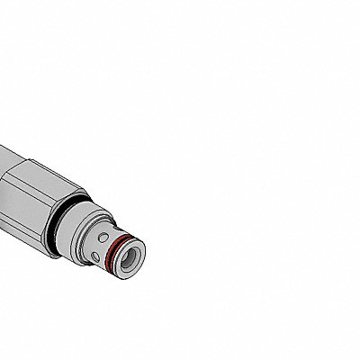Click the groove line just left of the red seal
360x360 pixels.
click(105, 254)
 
